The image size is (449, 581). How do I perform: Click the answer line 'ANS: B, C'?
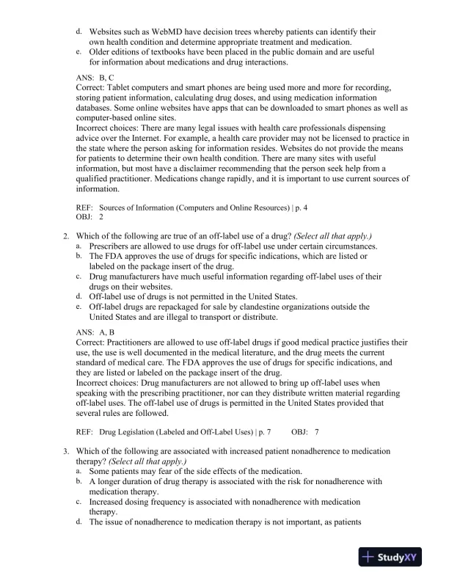95,76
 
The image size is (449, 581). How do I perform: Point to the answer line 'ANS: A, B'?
95,332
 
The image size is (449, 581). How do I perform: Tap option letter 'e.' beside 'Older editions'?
79,52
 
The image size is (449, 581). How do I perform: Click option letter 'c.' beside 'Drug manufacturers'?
79,276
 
